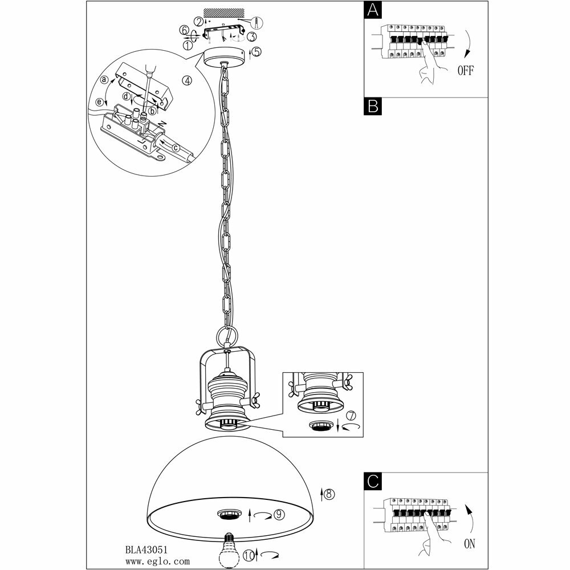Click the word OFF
click(x=465, y=71)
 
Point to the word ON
click(x=469, y=543)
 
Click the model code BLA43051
click(x=145, y=551)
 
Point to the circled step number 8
click(x=329, y=494)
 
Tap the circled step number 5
click(x=256, y=52)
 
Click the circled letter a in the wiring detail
click(x=104, y=80)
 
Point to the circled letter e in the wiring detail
click(x=100, y=102)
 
